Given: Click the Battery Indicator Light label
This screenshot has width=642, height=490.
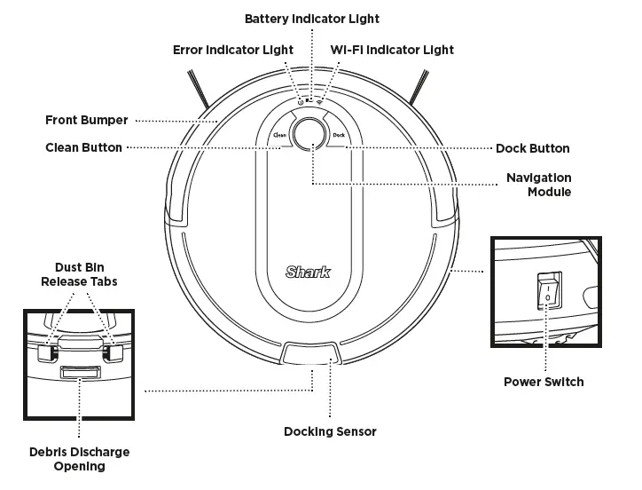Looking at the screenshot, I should click(311, 19).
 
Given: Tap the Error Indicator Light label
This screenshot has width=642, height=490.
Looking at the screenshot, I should click(232, 51).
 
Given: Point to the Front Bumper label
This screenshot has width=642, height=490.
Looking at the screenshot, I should click(87, 120).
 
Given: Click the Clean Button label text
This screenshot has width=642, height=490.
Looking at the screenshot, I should click(83, 147).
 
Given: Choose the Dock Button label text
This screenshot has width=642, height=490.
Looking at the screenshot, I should click(532, 148).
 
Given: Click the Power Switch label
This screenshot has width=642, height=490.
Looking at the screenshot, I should click(544, 382).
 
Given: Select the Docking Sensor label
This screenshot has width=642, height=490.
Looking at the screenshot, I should click(330, 431).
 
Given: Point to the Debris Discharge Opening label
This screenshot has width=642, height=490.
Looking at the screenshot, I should click(79, 459).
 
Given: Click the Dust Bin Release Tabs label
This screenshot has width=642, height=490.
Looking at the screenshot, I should click(79, 273).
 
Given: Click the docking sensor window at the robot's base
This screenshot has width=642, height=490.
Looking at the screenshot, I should click(309, 354).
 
